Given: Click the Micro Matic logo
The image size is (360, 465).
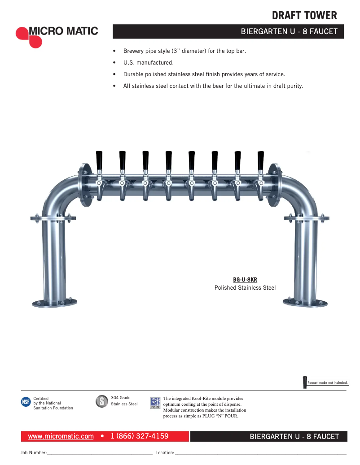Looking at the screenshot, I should click(x=57, y=35).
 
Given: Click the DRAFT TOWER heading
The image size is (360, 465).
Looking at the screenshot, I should click(x=304, y=16).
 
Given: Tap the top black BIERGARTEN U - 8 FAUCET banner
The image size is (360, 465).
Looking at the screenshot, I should click(x=228, y=32).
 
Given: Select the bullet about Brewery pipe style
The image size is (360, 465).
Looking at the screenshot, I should click(x=184, y=51).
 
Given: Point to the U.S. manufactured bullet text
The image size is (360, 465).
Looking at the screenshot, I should click(x=148, y=63).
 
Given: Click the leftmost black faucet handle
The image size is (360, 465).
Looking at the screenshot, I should click(x=99, y=160).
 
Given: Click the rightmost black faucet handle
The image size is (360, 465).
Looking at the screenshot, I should click(x=261, y=160).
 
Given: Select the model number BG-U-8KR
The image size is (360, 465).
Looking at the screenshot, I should click(x=245, y=279).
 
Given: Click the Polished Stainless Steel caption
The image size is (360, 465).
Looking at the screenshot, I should click(x=245, y=288).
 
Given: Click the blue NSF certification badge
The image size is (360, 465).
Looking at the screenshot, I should click(x=26, y=402).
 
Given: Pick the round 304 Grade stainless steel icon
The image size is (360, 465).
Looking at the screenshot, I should click(x=102, y=401).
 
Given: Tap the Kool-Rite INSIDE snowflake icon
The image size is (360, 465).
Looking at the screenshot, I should click(x=155, y=402).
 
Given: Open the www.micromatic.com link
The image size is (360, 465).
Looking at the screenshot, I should click(x=61, y=436).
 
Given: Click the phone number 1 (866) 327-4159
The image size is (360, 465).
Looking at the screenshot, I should click(x=140, y=436).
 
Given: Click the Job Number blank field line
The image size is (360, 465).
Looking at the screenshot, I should click(x=99, y=453).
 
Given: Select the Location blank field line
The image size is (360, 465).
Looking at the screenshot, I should click(x=260, y=453).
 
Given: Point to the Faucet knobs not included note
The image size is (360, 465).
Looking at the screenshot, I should click(x=328, y=382).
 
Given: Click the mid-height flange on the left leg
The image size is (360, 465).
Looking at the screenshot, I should click(x=51, y=218).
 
